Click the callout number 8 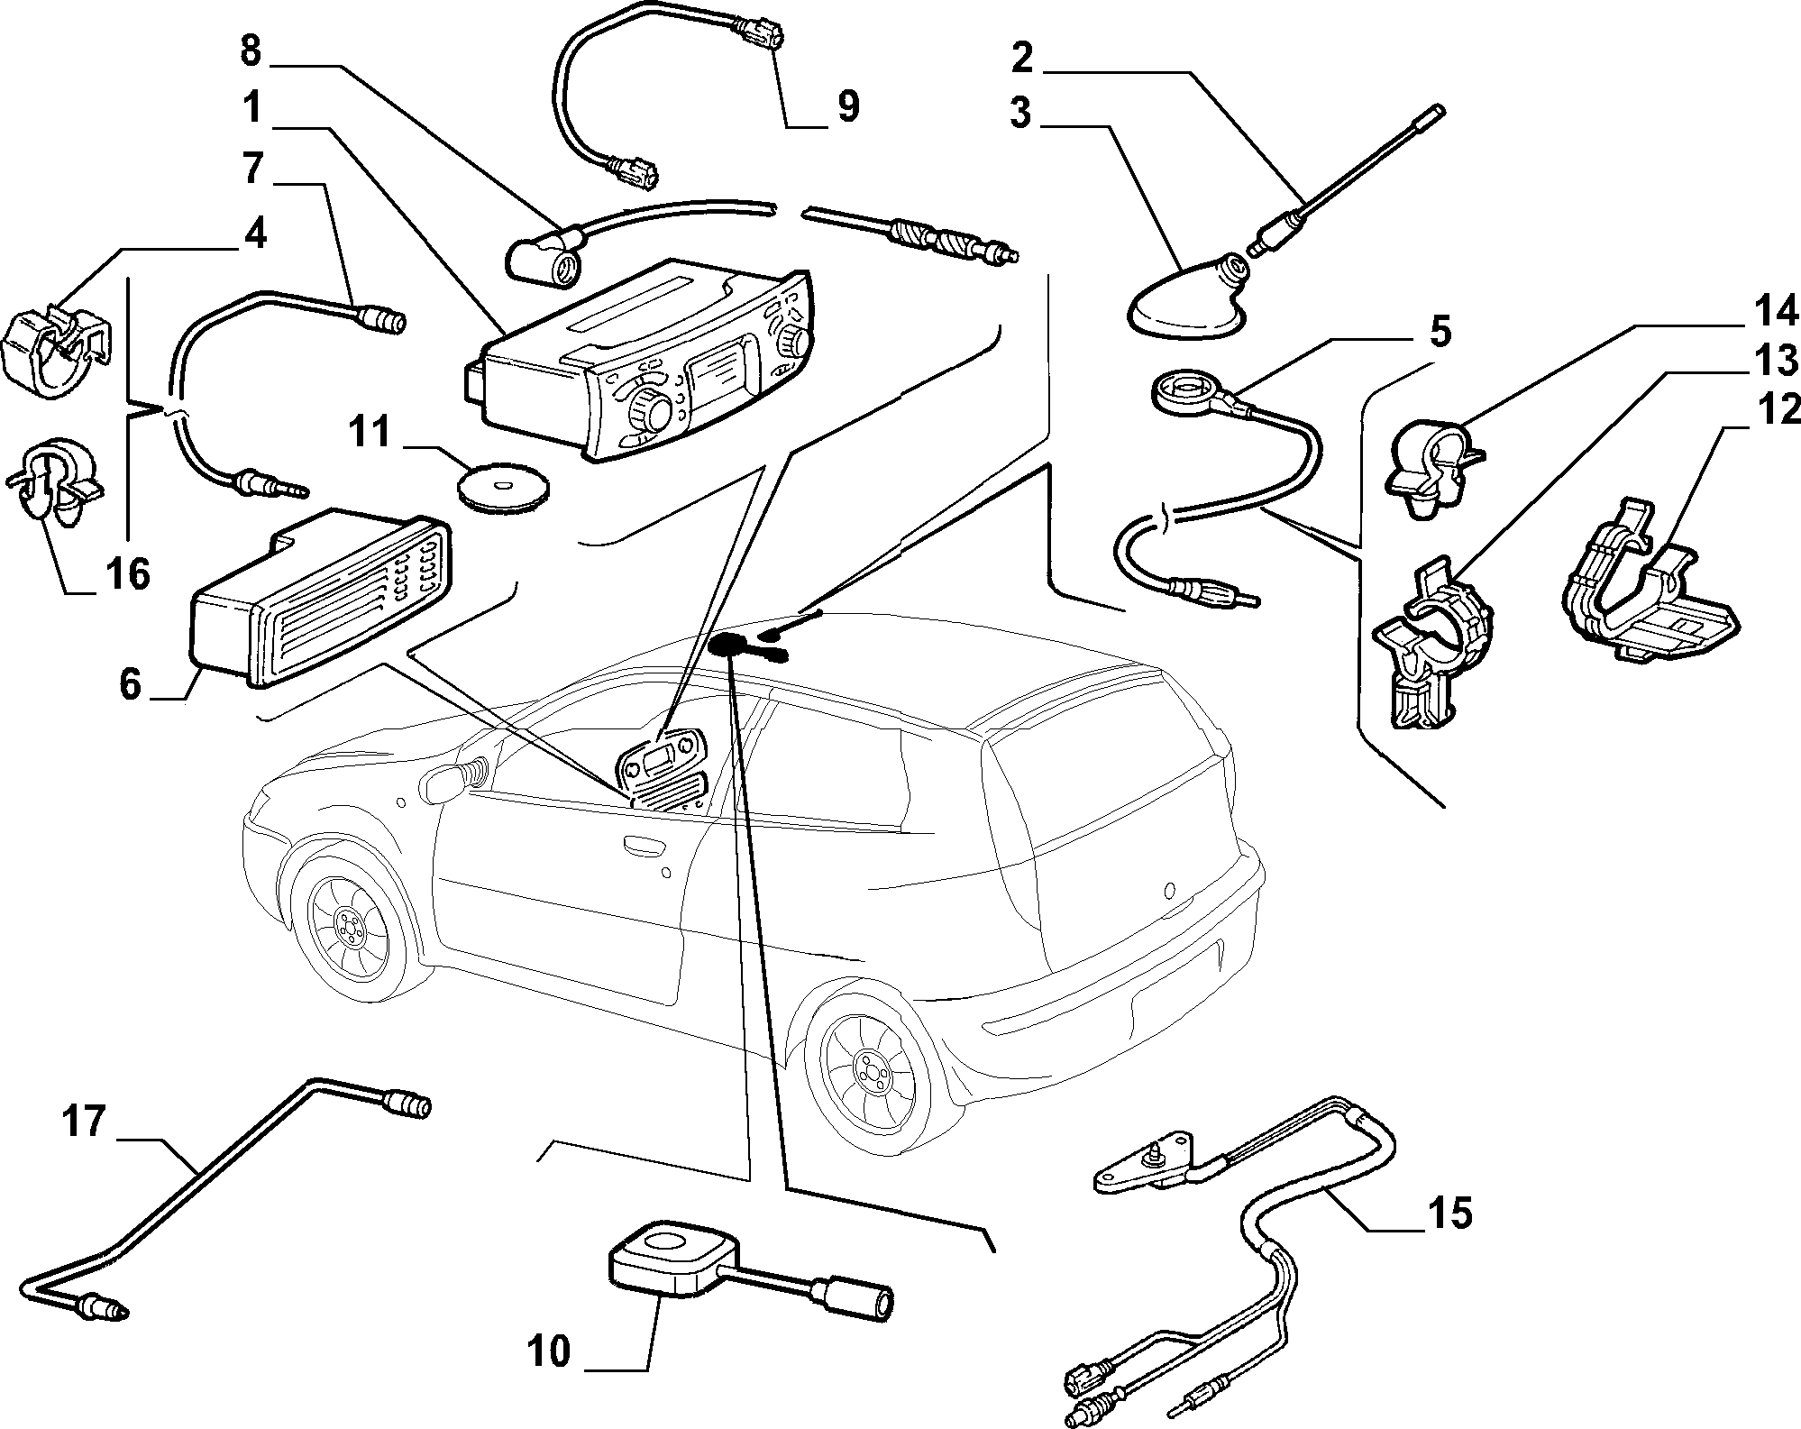250,50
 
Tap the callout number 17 84,1124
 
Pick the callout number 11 370,432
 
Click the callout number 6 131,684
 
